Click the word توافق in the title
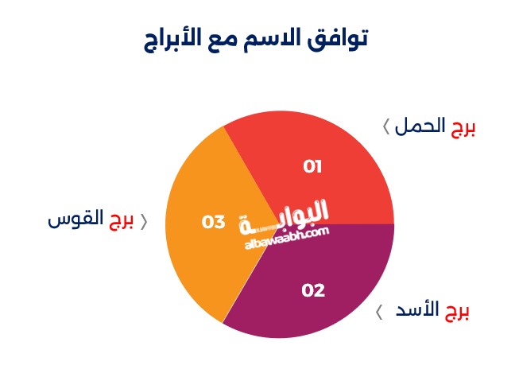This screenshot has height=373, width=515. click(338, 39)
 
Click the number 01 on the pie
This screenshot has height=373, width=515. click(312, 166)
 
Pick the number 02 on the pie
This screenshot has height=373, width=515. click(313, 290)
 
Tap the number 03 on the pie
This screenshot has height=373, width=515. click(213, 222)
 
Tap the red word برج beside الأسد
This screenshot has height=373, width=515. click(457, 312)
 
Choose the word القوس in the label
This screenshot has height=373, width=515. click(76, 218)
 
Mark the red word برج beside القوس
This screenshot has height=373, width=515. click(121, 220)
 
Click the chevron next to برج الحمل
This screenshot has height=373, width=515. click(386, 126)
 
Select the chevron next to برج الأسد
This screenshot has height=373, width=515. click(379, 312)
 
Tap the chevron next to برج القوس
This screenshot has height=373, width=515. click(144, 222)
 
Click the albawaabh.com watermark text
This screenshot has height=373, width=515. click(287, 237)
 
